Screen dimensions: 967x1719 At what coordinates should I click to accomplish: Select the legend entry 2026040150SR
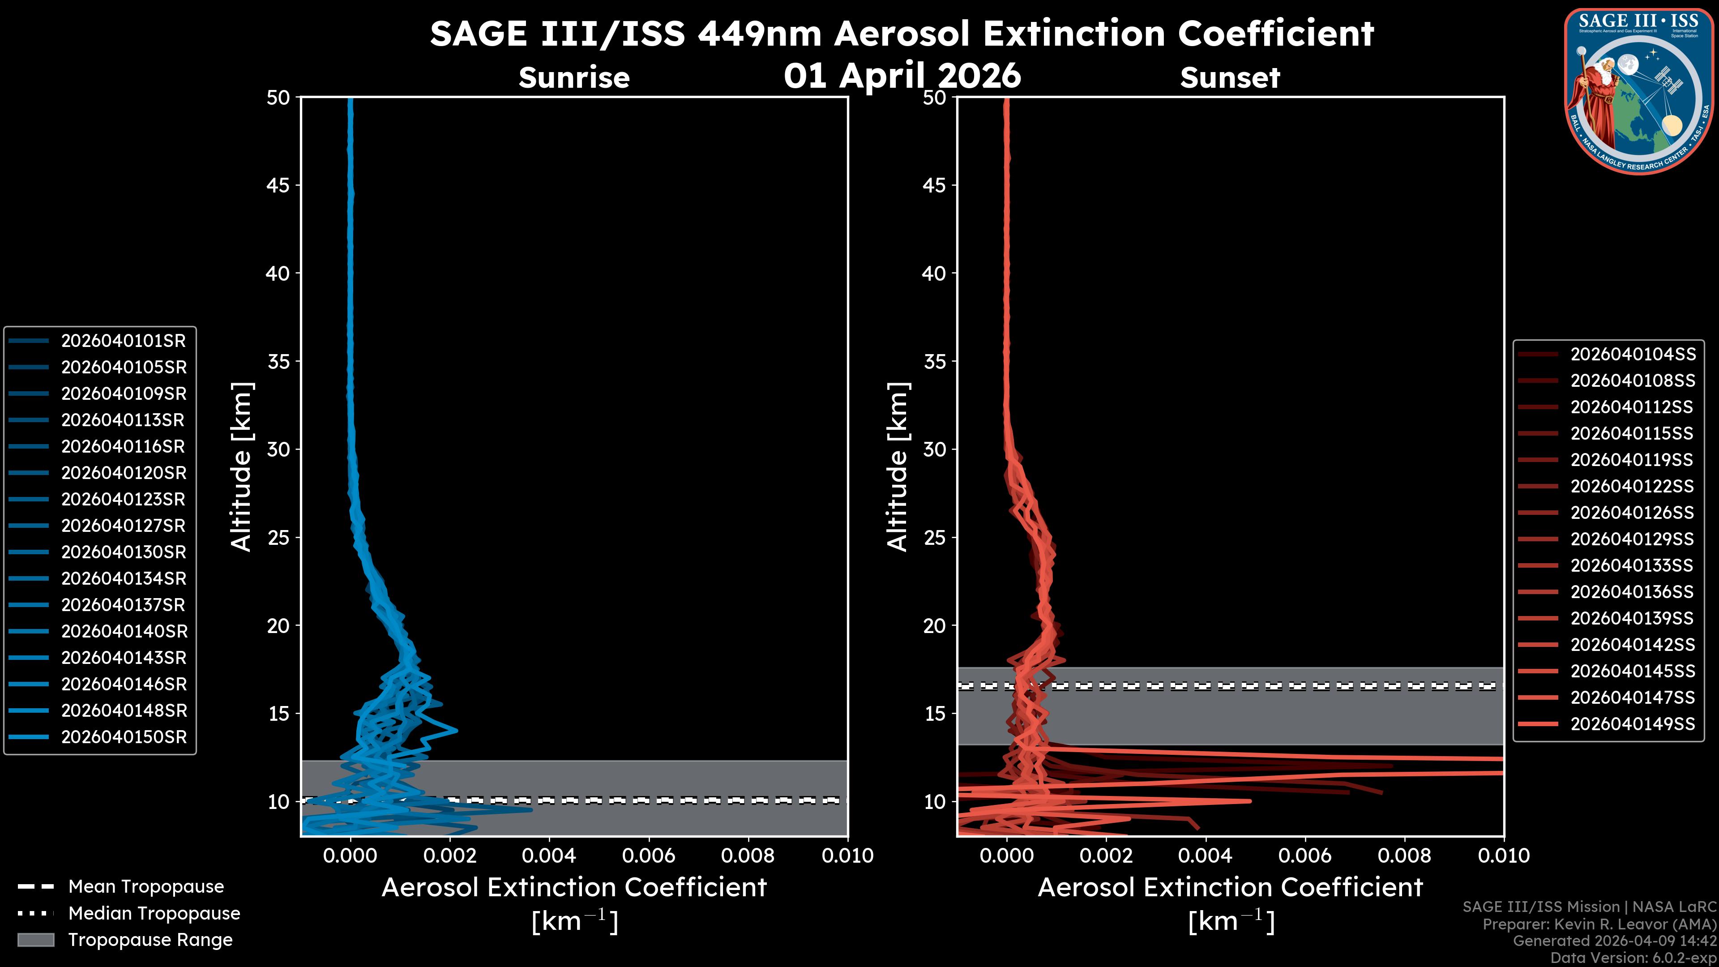124,737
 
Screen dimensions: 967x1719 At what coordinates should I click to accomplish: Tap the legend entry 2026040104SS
1632,355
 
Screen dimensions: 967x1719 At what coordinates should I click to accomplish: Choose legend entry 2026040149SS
1632,724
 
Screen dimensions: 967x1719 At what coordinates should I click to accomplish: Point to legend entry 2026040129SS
1632,539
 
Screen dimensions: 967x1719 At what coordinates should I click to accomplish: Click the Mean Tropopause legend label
146,887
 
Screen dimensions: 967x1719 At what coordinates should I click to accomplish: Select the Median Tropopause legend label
154,914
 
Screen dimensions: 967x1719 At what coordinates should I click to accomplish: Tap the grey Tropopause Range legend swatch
35,940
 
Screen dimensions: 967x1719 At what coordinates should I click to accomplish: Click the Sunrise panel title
574,78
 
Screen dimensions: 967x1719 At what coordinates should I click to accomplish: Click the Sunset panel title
1230,78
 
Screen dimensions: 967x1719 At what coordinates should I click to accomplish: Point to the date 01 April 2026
902,75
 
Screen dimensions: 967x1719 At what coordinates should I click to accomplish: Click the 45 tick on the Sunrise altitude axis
278,185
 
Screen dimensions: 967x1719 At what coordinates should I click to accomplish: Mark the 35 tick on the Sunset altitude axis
934,362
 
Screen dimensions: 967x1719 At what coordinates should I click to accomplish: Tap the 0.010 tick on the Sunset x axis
1504,856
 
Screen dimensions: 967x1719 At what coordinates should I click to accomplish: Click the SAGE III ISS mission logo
1640,91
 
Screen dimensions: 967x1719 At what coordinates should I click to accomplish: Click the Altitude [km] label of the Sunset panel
898,467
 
